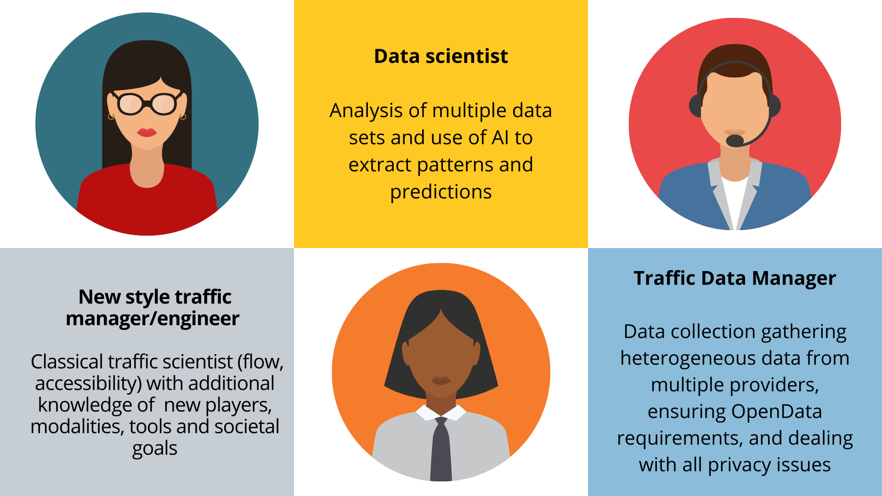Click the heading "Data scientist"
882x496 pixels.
pyautogui.click(x=441, y=56)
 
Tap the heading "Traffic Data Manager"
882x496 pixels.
pyautogui.click(x=735, y=278)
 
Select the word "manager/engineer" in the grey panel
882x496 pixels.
pyautogui.click(x=153, y=319)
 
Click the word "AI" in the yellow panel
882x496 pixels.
pyautogui.click(x=500, y=137)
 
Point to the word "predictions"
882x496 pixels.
pyautogui.click(x=441, y=192)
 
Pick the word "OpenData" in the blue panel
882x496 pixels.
pyautogui.click(x=776, y=411)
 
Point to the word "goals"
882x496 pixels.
pyautogui.click(x=155, y=449)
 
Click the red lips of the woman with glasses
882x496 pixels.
pyautogui.click(x=147, y=132)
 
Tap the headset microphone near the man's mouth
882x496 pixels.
pyautogui.click(x=735, y=141)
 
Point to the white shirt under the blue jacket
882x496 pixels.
pyautogui.click(x=735, y=202)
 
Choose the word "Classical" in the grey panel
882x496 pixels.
pyautogui.click(x=67, y=362)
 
